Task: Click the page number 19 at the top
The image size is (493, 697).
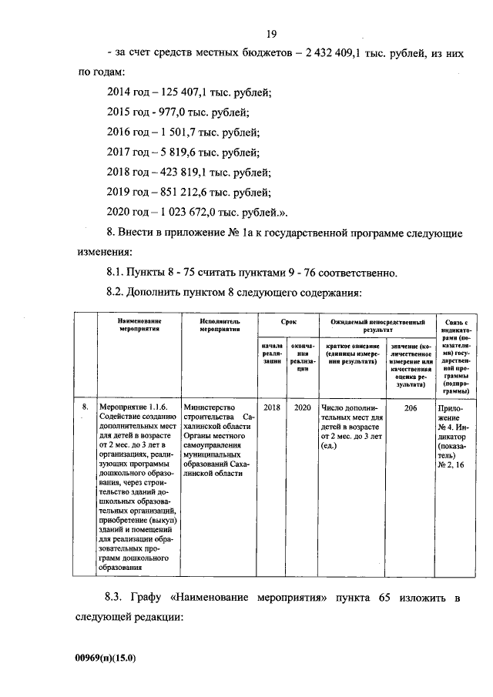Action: point(271,33)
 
